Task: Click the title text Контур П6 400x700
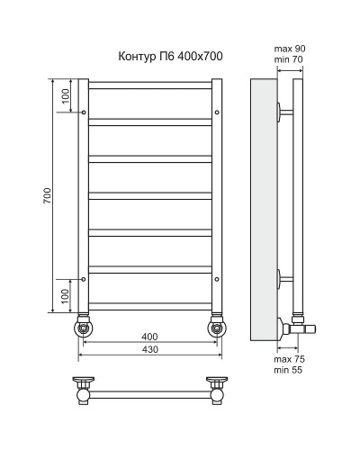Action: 170,57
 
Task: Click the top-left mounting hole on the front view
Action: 84,113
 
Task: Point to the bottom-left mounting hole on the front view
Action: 84,279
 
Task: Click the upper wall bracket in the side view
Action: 283,113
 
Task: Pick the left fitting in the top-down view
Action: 83,389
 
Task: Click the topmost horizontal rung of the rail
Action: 149,85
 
